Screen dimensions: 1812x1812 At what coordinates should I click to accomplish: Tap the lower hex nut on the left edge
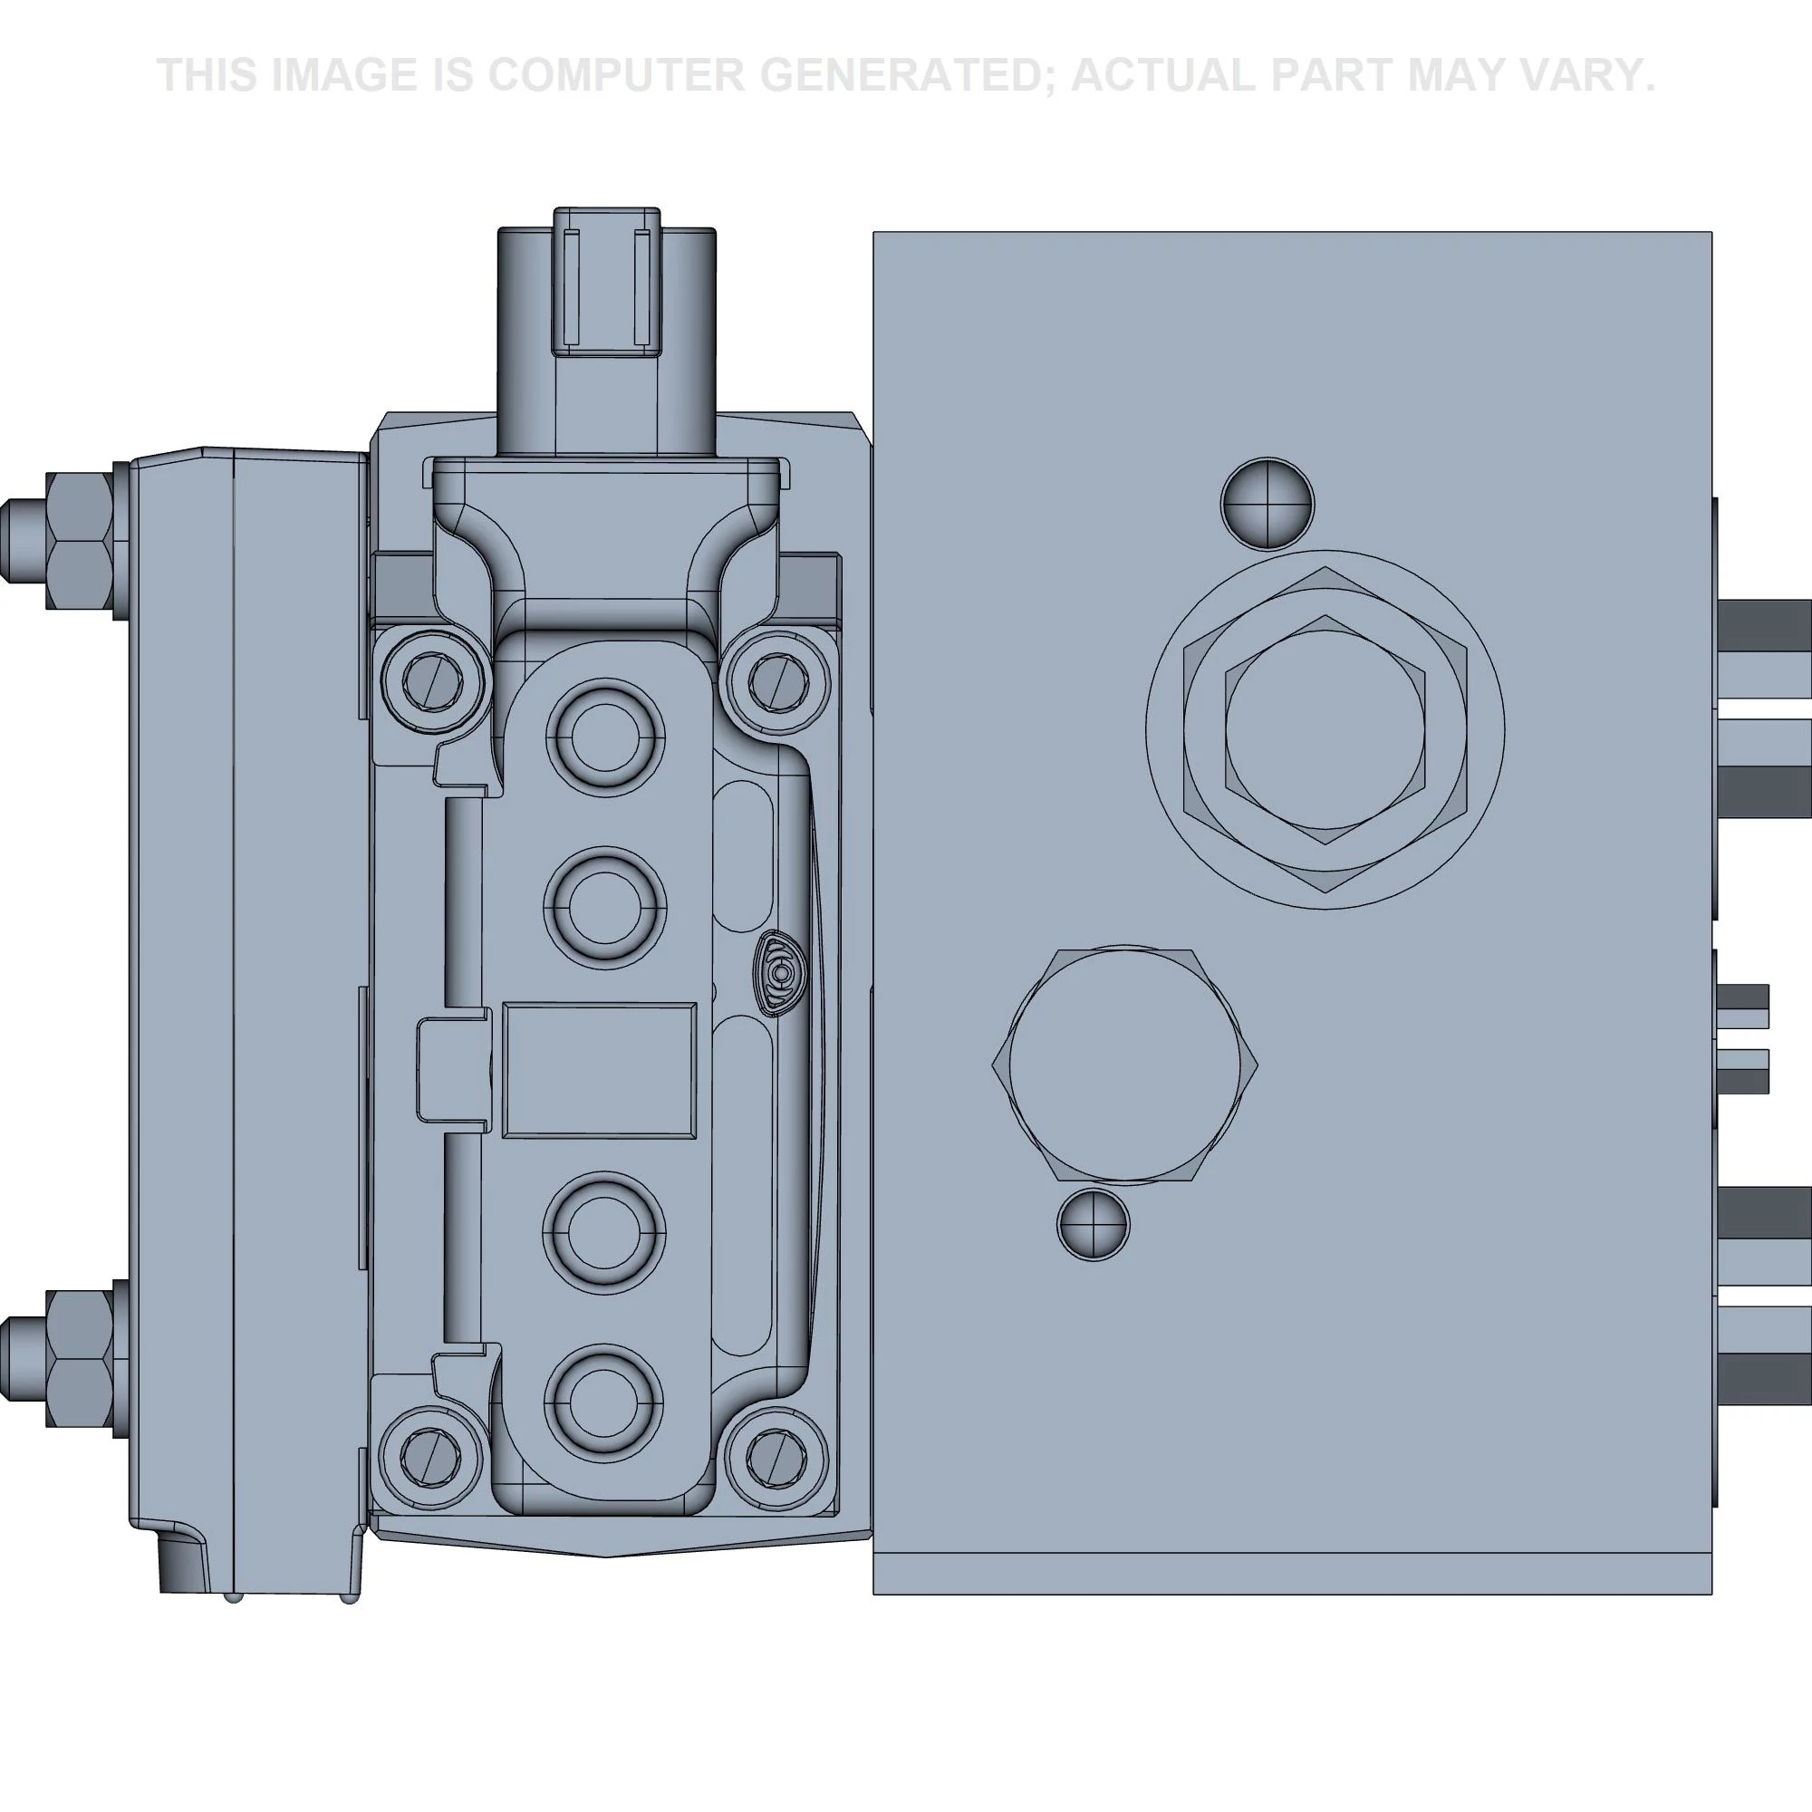tap(78, 1358)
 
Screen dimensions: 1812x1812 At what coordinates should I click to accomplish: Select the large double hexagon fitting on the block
tap(1325, 729)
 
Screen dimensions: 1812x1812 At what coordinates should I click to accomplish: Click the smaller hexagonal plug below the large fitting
tap(1124, 1065)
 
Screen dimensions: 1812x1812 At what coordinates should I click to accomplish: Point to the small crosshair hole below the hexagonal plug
tap(1093, 1225)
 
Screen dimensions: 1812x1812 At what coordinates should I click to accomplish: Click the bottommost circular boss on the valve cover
tap(605, 1403)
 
